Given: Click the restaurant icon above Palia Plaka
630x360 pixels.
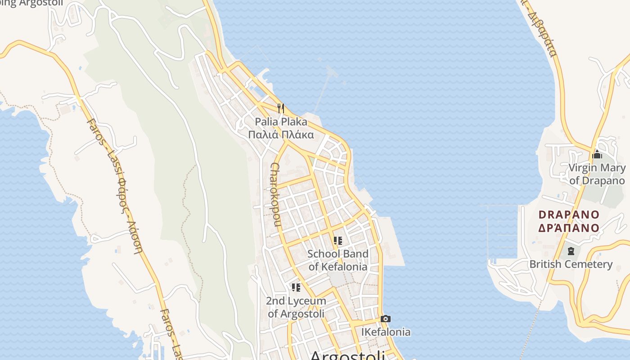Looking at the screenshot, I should tap(281, 108).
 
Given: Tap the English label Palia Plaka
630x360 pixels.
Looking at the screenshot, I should tap(281, 121).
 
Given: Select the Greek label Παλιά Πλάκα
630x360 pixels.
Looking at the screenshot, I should tap(281, 135).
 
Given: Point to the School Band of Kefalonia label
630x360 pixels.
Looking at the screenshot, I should tap(337, 260).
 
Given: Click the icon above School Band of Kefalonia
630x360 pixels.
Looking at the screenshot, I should tap(338, 241).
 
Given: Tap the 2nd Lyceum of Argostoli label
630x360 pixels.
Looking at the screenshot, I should tap(296, 307).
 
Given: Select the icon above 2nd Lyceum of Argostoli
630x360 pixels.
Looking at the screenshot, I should tap(296, 287).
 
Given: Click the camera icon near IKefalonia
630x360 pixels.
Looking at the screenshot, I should tap(385, 319).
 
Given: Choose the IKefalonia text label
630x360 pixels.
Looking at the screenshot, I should tap(386, 332).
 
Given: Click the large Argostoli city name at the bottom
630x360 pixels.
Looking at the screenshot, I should tap(347, 355).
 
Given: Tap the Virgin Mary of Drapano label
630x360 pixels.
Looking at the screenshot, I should tap(597, 174).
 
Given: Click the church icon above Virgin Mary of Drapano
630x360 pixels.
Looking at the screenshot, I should tap(597, 155).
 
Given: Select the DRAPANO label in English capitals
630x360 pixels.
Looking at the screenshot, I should tap(569, 215).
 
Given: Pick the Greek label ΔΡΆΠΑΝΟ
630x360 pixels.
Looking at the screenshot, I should tap(569, 228).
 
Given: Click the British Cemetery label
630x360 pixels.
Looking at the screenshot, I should tap(571, 264).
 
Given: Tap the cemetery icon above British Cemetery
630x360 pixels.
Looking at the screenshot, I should tap(571, 251).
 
